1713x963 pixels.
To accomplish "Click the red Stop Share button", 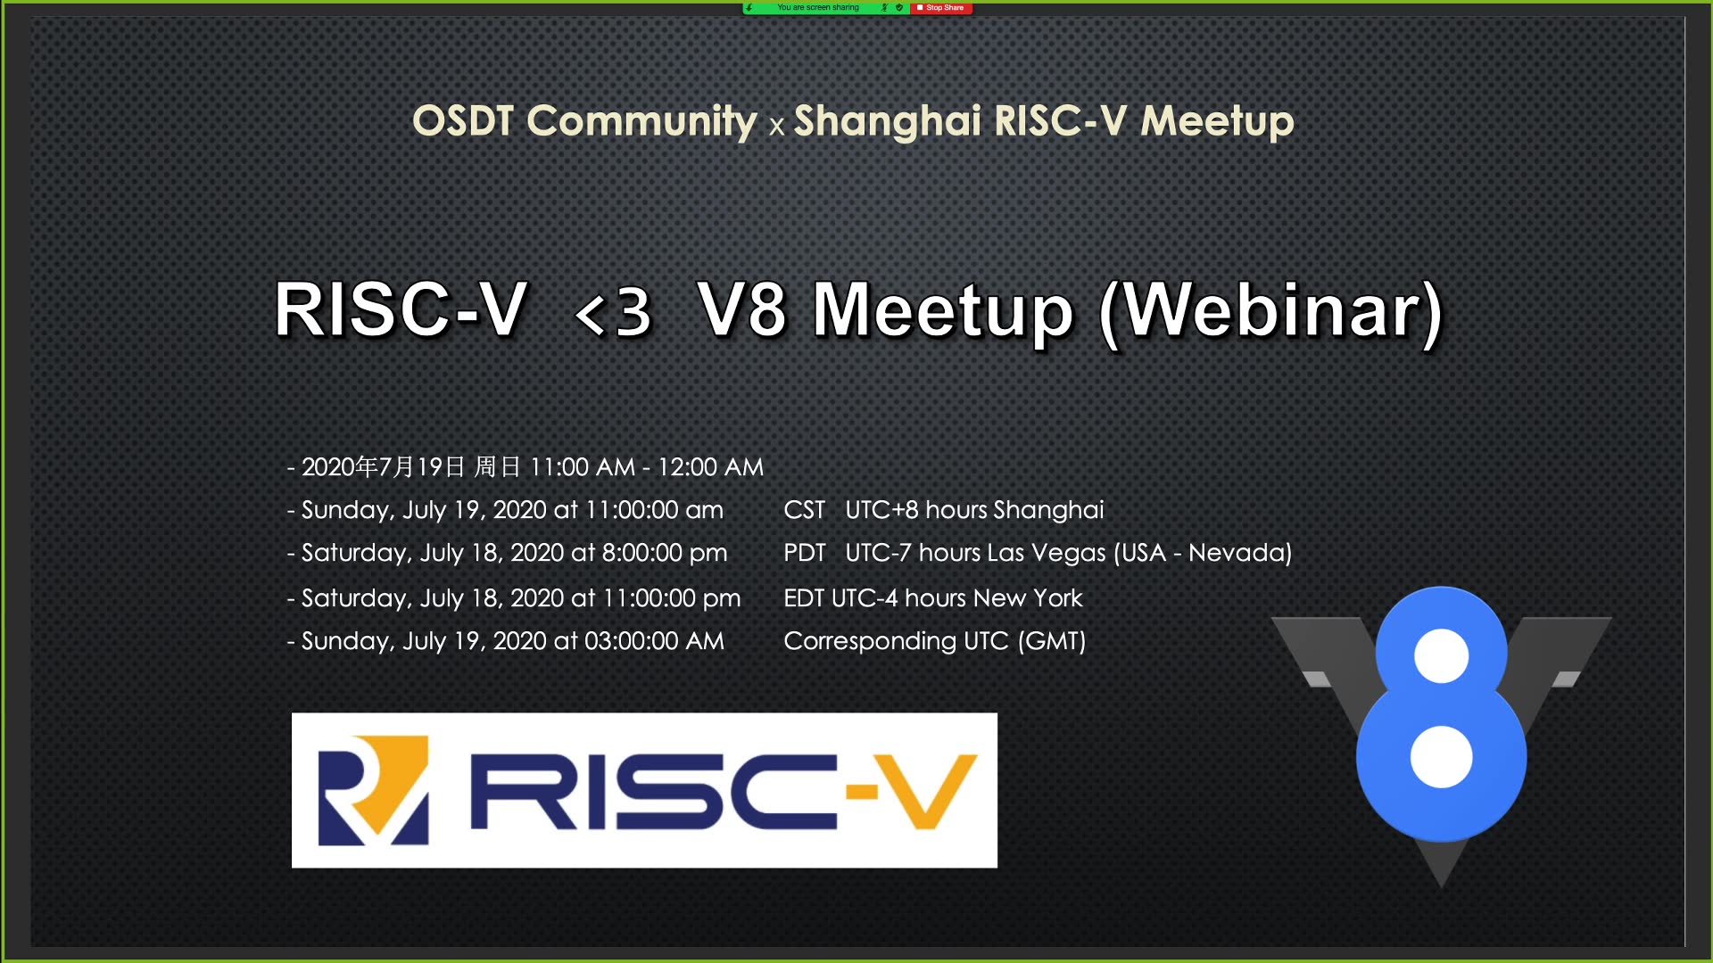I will [941, 8].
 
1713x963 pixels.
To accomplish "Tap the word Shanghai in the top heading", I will [887, 121].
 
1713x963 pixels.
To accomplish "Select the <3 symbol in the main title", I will [614, 312].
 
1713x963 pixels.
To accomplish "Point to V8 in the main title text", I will [742, 310].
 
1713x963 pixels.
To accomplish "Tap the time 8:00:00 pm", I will [665, 553].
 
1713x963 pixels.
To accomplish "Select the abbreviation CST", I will [804, 510].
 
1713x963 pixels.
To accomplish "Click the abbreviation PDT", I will [804, 553].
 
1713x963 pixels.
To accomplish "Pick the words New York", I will [1028, 598].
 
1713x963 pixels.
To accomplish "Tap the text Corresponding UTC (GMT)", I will [934, 641].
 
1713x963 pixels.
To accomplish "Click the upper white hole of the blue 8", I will [1441, 655].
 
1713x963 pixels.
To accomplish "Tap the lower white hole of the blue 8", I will [1441, 757].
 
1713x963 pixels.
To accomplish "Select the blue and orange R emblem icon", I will [373, 791].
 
